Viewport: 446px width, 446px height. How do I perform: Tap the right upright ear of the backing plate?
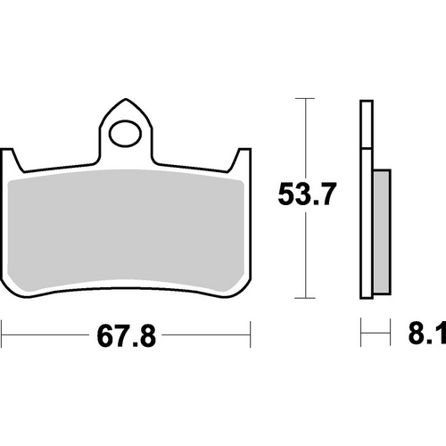pyautogui.click(x=238, y=161)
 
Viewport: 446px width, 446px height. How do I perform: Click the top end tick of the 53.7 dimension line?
pyautogui.click(x=306, y=97)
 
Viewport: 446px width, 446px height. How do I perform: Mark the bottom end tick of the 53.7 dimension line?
pyautogui.click(x=306, y=297)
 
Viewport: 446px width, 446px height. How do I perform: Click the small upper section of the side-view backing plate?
pyautogui.click(x=365, y=124)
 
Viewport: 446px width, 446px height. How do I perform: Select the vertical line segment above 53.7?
pyautogui.click(x=306, y=134)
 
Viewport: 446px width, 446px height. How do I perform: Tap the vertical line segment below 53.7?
pyautogui.click(x=306, y=259)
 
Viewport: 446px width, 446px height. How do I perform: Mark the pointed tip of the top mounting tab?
pyautogui.click(x=126, y=100)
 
